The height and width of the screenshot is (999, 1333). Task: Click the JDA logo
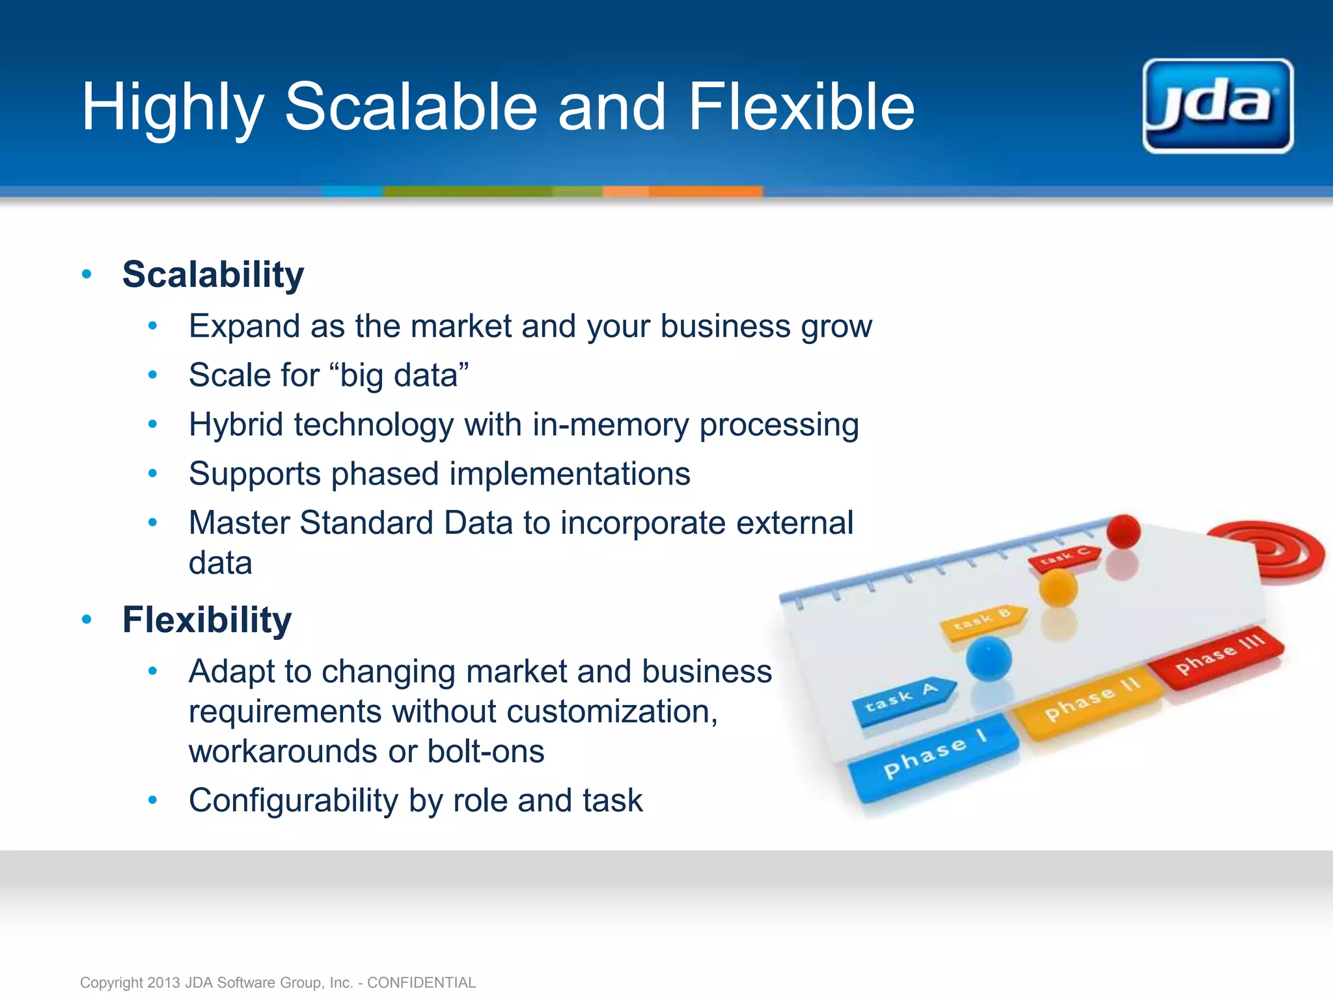pyautogui.click(x=1218, y=106)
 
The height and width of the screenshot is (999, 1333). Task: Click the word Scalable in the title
pyautogui.click(x=411, y=107)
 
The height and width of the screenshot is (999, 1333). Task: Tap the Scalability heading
pyautogui.click(x=213, y=274)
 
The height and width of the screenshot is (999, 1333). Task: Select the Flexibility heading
pyautogui.click(x=207, y=620)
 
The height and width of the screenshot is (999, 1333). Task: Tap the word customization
pyautogui.click(x=611, y=712)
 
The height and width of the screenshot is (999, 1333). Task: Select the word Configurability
pyautogui.click(x=294, y=801)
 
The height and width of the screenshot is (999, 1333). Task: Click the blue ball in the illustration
pyautogui.click(x=988, y=658)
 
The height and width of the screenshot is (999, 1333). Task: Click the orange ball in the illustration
pyautogui.click(x=1058, y=587)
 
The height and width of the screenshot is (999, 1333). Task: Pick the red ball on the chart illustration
pyautogui.click(x=1123, y=531)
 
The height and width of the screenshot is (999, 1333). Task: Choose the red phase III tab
pyautogui.click(x=1217, y=658)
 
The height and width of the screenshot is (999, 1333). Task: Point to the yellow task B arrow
pyautogui.click(x=983, y=620)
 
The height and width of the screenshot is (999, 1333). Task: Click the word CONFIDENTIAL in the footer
pyautogui.click(x=421, y=982)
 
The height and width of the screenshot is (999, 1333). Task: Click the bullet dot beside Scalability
pyautogui.click(x=87, y=274)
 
